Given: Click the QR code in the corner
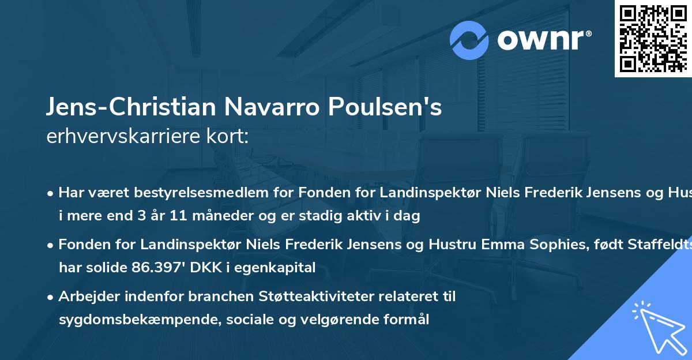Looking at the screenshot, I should pos(653,39).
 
